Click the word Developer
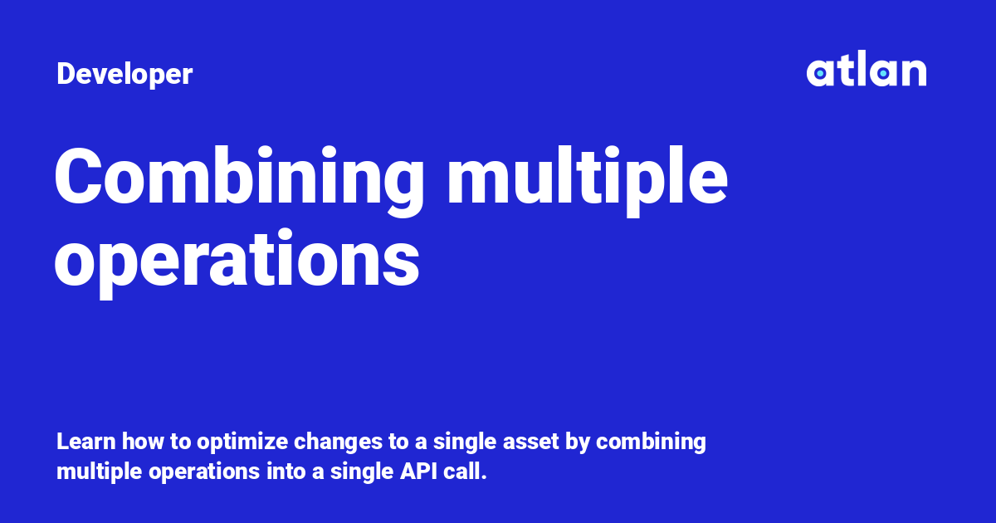point(124,75)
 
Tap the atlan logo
point(866,71)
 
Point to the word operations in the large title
point(237,259)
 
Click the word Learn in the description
point(81,442)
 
